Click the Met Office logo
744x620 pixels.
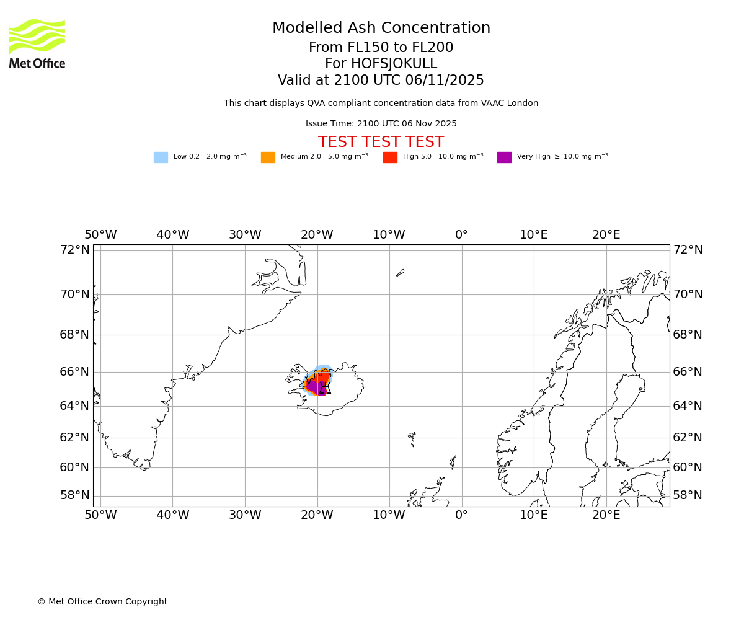click(37, 43)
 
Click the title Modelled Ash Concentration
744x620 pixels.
click(381, 29)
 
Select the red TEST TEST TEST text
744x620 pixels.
click(381, 143)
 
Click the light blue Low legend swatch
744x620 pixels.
click(161, 157)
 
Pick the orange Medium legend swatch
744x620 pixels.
click(268, 157)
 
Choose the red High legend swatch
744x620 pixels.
click(390, 157)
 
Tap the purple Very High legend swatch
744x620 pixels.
click(504, 157)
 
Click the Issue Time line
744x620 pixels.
click(381, 124)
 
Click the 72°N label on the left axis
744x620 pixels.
click(74, 250)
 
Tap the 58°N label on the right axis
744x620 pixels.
click(688, 495)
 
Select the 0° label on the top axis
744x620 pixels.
click(461, 236)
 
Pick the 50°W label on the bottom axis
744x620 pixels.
click(100, 515)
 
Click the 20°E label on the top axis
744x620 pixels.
click(606, 236)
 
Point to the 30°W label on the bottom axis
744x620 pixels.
click(245, 515)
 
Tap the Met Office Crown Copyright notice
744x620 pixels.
click(102, 602)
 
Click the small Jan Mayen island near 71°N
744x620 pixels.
click(400, 273)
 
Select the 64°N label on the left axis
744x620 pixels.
click(74, 406)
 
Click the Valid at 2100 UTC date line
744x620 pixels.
click(381, 81)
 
